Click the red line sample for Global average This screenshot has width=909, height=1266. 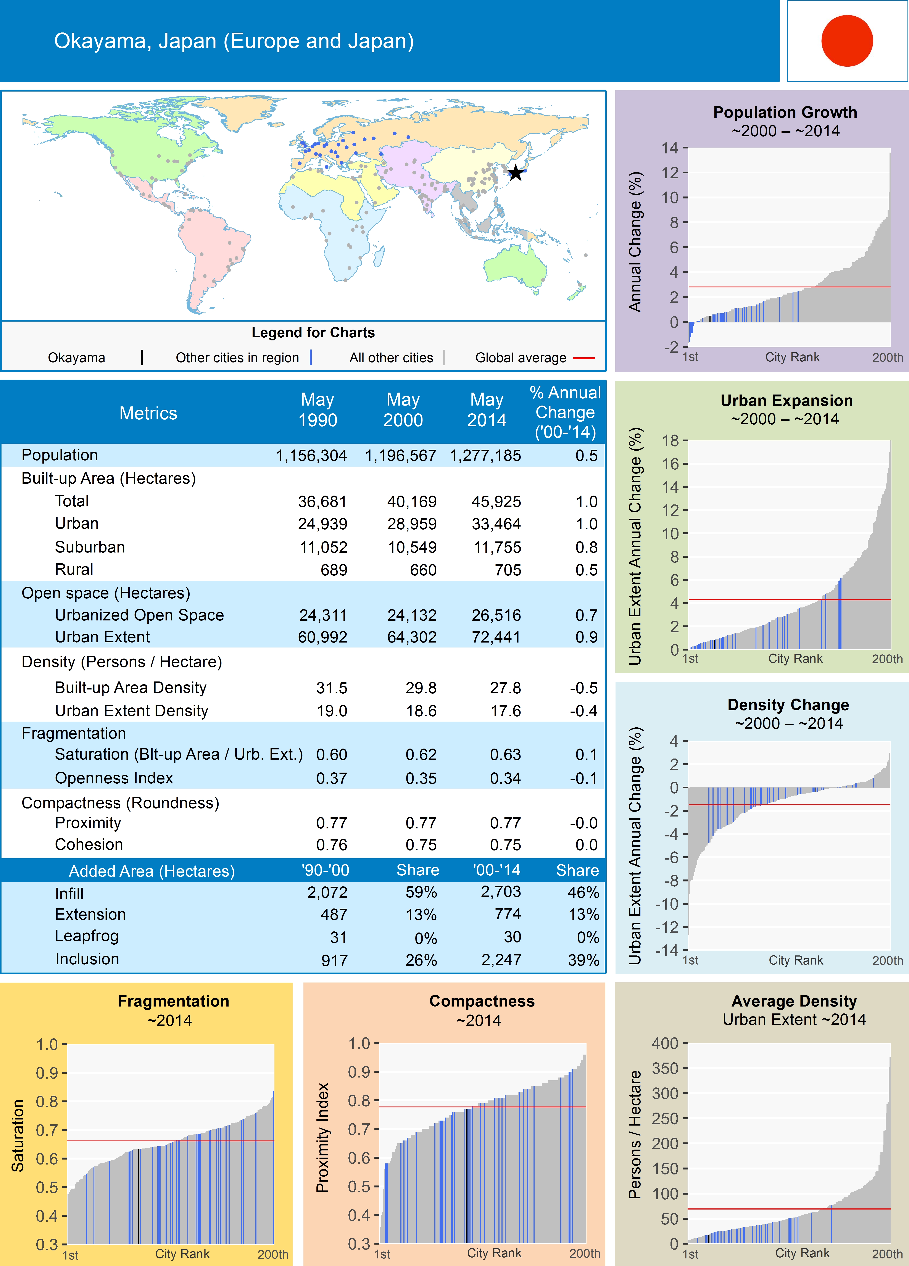[x=583, y=358]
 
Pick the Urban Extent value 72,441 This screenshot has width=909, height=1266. [x=496, y=637]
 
